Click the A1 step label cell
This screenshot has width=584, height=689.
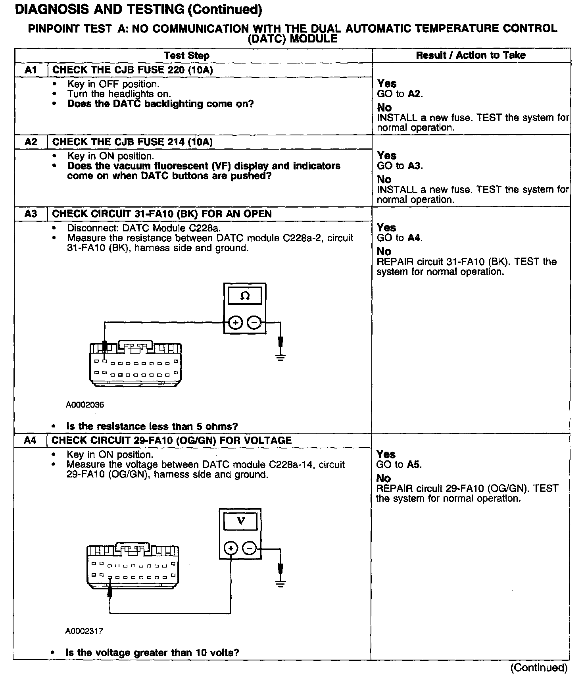(31, 70)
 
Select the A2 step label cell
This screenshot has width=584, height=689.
(31, 142)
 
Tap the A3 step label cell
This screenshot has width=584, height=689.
(31, 214)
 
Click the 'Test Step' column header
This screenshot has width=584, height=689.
(186, 56)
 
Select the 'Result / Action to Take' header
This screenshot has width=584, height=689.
(471, 55)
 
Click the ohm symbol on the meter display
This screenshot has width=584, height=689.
(245, 296)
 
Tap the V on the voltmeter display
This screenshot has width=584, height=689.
(240, 521)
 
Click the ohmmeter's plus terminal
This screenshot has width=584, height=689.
(236, 323)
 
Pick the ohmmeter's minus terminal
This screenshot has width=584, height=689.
(254, 323)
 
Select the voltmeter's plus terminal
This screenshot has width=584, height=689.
(231, 549)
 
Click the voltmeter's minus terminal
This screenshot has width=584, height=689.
(250, 549)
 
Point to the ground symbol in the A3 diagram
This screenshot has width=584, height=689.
(280, 357)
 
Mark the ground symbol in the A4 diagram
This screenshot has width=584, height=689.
(280, 583)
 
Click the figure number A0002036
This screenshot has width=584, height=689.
(85, 405)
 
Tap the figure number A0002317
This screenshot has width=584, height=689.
(84, 631)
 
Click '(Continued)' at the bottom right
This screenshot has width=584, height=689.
(539, 668)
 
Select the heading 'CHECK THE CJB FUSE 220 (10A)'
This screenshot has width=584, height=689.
(133, 70)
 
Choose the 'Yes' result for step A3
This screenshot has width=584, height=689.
(386, 227)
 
